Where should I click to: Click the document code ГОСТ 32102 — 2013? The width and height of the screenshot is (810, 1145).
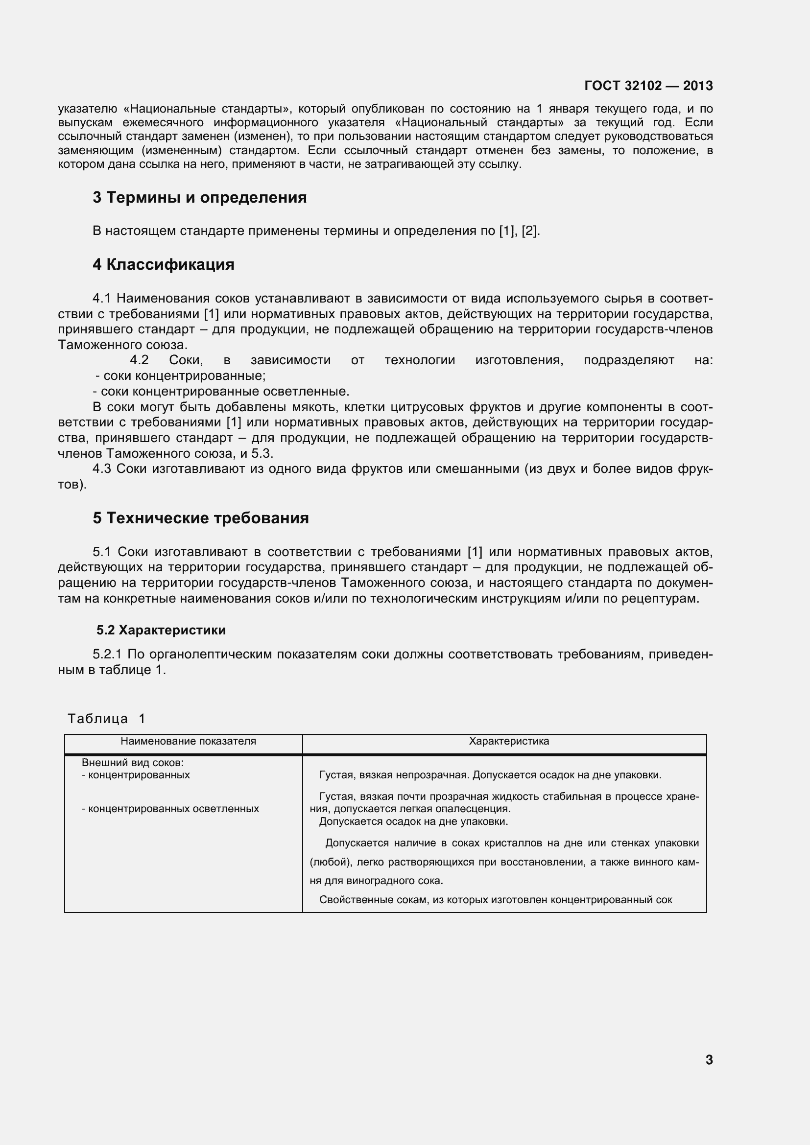tap(648, 86)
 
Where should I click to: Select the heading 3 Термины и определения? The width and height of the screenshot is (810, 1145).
tap(199, 197)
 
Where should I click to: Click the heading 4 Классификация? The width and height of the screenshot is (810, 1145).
tap(163, 264)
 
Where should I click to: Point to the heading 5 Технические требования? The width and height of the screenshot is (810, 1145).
tap(200, 518)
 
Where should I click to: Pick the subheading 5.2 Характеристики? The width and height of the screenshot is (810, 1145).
tap(161, 631)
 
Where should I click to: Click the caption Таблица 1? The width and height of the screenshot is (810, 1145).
tap(106, 719)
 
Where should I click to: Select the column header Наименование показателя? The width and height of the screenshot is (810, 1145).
tap(188, 741)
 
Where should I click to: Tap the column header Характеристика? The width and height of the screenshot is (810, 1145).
tap(509, 741)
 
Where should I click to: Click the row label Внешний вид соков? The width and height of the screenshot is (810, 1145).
tap(133, 763)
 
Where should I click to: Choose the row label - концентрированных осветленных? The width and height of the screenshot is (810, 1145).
tap(170, 808)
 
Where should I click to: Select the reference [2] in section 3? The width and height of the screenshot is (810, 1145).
tap(529, 231)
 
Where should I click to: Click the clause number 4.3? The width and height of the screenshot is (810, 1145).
tap(102, 469)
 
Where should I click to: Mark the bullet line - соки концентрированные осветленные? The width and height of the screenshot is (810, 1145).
tap(221, 391)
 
